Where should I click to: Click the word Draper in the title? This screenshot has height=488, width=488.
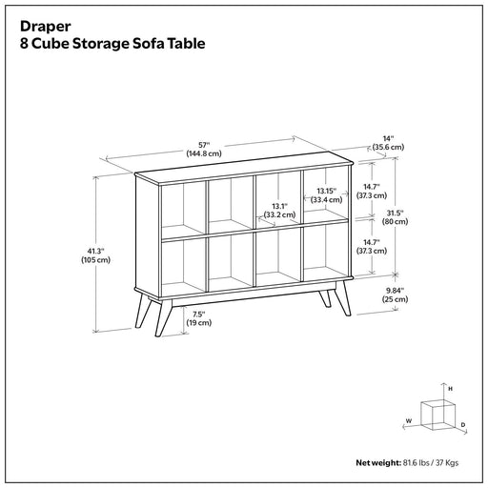point(46,27)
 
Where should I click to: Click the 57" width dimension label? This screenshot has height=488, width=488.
point(204,145)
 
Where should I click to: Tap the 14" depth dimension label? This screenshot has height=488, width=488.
point(388,138)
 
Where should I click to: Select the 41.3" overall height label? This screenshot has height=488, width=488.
point(95,251)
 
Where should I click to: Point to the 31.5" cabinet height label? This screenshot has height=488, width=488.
point(395,213)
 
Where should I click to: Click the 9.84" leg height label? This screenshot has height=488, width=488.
point(395,291)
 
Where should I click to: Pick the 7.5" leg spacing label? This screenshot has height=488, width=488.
point(199,315)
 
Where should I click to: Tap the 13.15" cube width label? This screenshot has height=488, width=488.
point(327,191)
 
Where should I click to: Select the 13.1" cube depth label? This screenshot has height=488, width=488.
point(279,206)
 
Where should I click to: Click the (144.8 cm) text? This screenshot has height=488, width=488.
point(204,153)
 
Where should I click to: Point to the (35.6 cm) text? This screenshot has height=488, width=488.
point(388,147)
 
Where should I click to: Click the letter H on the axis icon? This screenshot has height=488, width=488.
point(450,389)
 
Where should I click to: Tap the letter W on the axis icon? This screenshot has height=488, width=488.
point(409,421)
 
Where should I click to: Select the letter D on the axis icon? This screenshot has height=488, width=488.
point(463,425)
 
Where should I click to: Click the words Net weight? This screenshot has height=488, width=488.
point(378,462)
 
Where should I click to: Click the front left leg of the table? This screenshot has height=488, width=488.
point(163,317)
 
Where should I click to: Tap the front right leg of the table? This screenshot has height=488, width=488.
point(342,298)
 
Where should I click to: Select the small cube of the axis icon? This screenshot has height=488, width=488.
point(437,415)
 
